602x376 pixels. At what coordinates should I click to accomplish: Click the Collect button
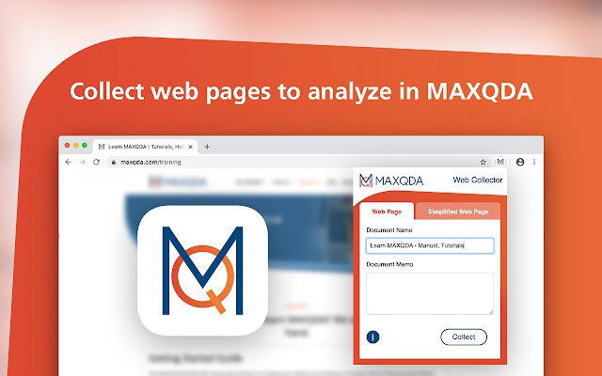[x=463, y=337]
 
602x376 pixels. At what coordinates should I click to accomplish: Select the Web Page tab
[x=388, y=211]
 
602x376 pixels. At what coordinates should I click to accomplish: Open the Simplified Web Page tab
[x=458, y=211]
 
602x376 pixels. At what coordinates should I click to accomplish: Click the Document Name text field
[x=429, y=245]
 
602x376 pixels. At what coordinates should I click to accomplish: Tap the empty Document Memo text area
[x=429, y=293]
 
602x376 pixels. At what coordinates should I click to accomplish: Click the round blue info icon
[x=373, y=337]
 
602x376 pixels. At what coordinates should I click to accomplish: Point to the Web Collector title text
[x=478, y=180]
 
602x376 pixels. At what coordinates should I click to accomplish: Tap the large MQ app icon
[x=202, y=272]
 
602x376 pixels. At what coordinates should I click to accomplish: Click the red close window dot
[x=65, y=146]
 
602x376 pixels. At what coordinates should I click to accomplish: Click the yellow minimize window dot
[x=74, y=146]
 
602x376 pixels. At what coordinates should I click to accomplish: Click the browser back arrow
[x=67, y=162]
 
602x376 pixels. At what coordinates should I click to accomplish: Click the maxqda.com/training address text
[x=150, y=162]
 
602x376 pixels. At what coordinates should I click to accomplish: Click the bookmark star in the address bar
[x=483, y=162]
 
